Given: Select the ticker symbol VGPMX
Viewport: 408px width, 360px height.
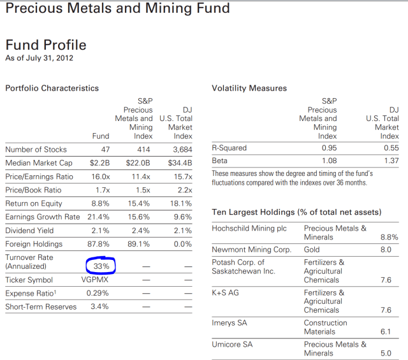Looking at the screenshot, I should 96,280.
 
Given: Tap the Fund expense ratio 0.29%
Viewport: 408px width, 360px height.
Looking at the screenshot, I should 98,293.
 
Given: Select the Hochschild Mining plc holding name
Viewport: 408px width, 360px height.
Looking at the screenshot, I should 249,228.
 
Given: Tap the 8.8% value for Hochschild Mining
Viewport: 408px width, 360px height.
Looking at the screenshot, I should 389,237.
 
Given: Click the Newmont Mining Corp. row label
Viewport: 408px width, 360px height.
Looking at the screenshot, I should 251,250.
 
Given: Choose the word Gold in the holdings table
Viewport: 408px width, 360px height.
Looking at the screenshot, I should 313,250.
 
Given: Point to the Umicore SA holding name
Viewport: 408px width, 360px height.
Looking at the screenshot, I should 233,344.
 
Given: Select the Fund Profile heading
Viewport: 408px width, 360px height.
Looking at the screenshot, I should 46,45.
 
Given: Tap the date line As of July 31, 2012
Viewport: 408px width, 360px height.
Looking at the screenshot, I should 40,59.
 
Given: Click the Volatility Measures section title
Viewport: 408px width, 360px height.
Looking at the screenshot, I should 249,88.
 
